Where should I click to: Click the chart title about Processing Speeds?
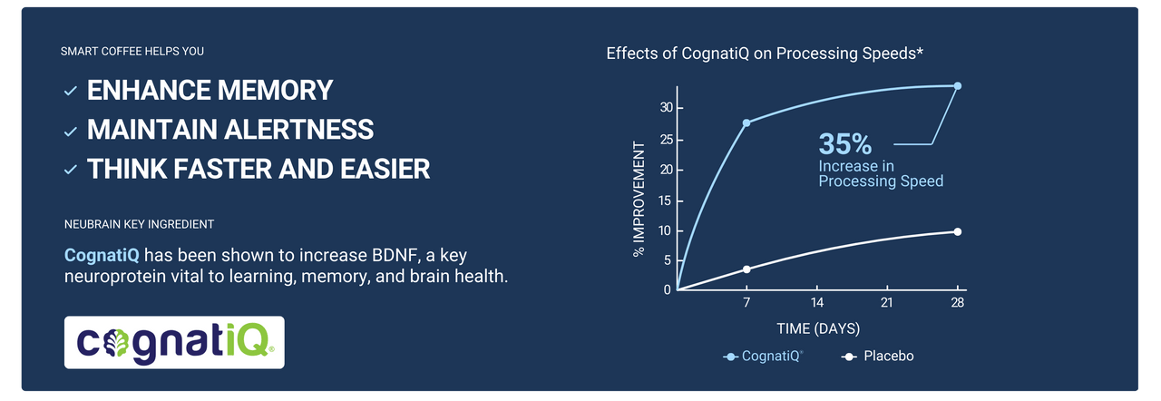[x=765, y=54]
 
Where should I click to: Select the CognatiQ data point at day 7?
[x=746, y=122]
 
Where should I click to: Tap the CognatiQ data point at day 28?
[x=957, y=86]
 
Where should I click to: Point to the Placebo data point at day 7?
[x=746, y=269]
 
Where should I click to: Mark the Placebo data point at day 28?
[x=957, y=231]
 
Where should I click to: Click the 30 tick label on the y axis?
[x=666, y=107]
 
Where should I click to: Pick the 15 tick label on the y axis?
[x=666, y=200]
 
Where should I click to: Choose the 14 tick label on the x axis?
[x=817, y=302]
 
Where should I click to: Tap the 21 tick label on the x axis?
[x=887, y=302]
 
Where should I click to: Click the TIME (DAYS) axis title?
[x=818, y=328]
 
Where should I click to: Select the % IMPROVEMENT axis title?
[x=639, y=199]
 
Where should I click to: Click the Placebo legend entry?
[x=877, y=357]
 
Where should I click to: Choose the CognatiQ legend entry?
[x=763, y=357]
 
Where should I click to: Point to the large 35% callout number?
[x=844, y=143]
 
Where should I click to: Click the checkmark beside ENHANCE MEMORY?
[x=71, y=92]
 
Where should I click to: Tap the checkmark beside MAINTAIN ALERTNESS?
[x=71, y=131]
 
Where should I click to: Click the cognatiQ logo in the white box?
[x=174, y=342]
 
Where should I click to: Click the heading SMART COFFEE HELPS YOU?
[x=132, y=52]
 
